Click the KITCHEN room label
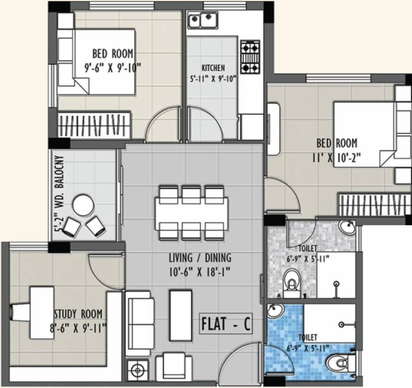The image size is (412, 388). click(213, 68)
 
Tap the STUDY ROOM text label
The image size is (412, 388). click(79, 313)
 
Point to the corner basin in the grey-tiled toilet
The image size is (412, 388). click(346, 226)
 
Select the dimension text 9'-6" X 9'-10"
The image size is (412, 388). click(112, 66)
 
